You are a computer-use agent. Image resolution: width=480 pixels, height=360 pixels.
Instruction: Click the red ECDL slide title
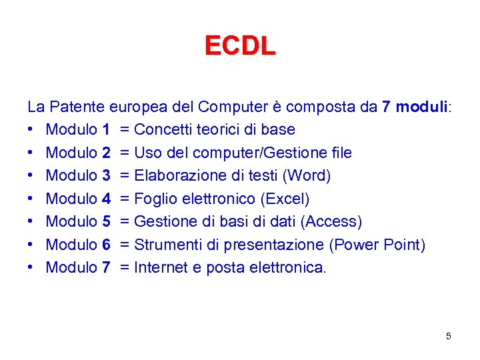coord(240,46)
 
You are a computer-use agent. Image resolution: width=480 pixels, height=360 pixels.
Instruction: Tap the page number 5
coord(449,336)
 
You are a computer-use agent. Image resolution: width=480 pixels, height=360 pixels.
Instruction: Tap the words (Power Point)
coord(377,245)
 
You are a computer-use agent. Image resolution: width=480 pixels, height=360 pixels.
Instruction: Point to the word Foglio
coord(155,199)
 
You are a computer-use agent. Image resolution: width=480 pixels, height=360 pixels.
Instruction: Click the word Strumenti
coord(167,245)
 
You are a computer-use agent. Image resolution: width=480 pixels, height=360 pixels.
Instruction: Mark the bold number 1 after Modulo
coord(106,129)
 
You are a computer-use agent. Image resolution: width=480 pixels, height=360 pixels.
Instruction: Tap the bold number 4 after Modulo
coord(106,199)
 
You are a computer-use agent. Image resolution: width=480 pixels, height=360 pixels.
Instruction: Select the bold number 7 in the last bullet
coord(106,267)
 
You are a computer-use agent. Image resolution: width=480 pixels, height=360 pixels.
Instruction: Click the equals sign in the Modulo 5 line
coord(125,221)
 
